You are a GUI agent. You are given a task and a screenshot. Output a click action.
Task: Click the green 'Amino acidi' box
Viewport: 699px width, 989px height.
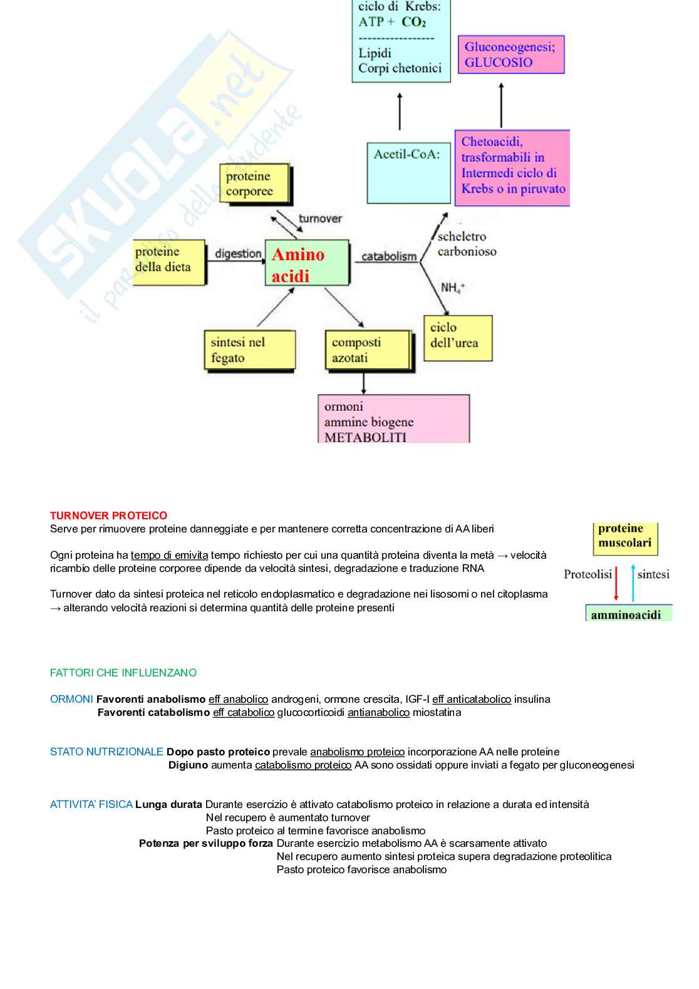click(x=306, y=263)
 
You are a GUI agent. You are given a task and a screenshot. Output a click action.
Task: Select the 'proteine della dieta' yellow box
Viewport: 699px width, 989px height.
click(x=169, y=262)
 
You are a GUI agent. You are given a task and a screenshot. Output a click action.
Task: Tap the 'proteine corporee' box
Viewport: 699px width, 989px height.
click(x=255, y=184)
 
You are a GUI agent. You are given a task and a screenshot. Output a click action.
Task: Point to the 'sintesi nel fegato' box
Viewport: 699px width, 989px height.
click(x=249, y=351)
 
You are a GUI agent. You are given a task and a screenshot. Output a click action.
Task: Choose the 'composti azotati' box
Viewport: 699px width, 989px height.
click(x=368, y=351)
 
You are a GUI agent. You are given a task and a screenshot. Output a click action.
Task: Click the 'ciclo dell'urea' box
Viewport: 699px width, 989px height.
click(x=458, y=338)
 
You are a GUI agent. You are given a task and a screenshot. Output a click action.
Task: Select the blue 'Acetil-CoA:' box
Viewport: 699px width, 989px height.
click(x=408, y=172)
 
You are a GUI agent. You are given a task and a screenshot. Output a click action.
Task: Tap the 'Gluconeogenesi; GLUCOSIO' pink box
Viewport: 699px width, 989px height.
click(x=510, y=54)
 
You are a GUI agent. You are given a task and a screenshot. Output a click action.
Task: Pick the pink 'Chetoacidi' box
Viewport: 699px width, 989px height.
click(x=512, y=167)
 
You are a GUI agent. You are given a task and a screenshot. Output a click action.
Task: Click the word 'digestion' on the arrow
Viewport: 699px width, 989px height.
click(x=238, y=254)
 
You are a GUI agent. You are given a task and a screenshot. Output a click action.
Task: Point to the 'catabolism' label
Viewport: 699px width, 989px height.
click(x=389, y=256)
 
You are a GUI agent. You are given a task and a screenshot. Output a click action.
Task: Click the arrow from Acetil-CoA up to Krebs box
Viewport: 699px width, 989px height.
click(x=400, y=111)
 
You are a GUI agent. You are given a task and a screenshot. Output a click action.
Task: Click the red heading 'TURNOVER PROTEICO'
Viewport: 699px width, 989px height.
click(x=108, y=515)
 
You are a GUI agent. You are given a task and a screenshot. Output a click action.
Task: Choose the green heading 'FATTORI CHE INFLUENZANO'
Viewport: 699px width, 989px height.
click(x=123, y=673)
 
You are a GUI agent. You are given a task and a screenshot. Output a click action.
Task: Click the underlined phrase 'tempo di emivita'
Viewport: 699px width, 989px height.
click(x=169, y=555)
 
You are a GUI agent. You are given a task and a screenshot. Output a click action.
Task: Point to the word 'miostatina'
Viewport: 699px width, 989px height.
click(x=437, y=712)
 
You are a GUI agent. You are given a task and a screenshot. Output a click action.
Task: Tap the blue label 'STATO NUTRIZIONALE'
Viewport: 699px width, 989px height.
click(x=106, y=752)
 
